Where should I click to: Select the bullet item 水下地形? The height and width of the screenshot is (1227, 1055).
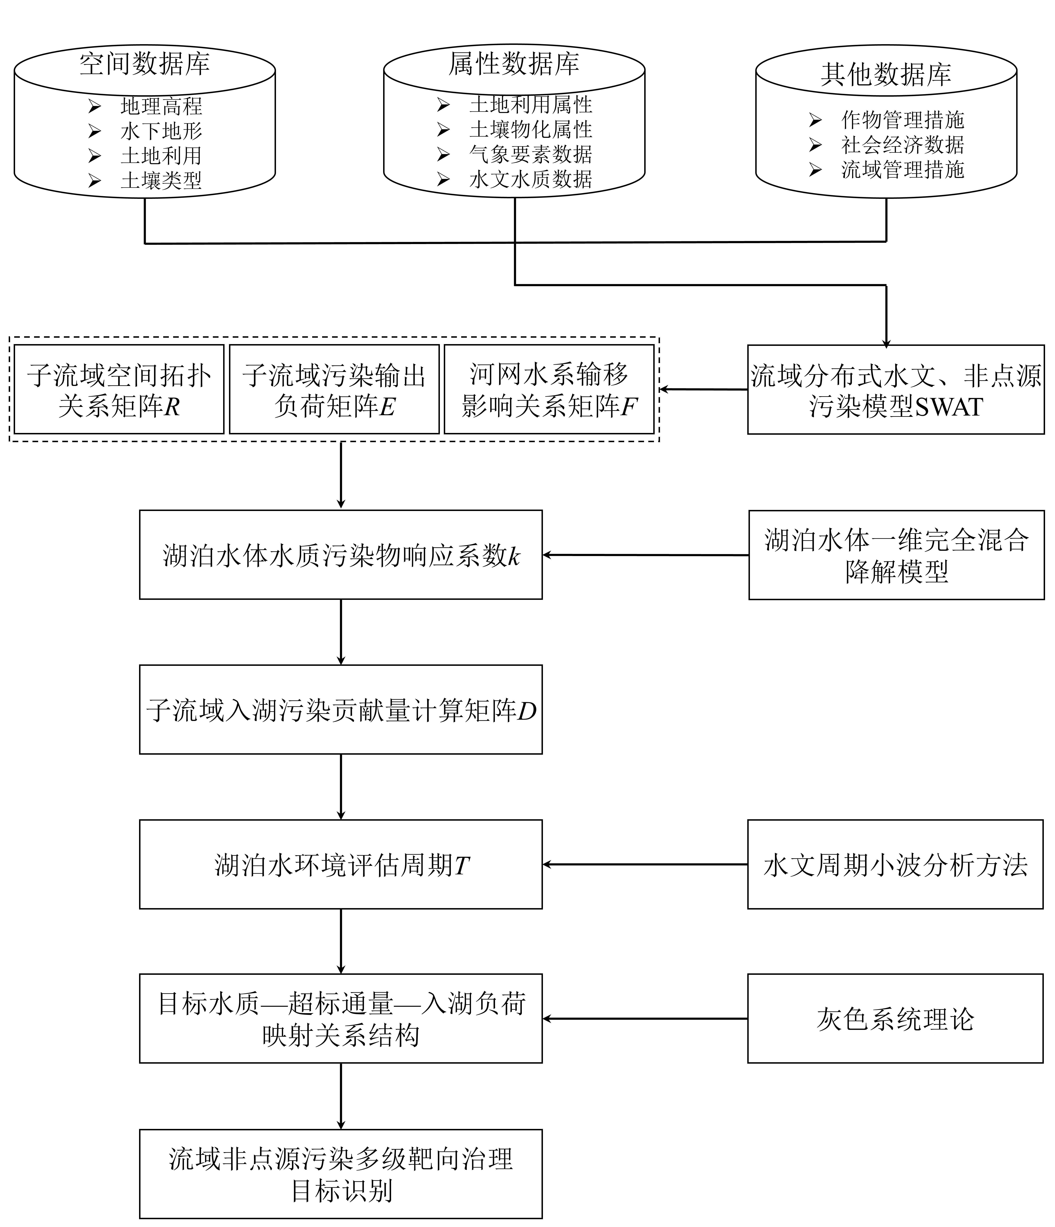161,131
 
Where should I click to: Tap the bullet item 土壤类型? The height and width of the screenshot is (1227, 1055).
161,180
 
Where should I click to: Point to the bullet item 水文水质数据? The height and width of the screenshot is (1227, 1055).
531,179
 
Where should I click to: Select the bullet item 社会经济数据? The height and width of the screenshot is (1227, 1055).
903,145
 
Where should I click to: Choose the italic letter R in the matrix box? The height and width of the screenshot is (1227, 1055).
172,407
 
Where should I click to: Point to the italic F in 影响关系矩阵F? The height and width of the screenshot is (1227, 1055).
629,407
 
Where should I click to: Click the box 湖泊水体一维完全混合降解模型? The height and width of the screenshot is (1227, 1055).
896,555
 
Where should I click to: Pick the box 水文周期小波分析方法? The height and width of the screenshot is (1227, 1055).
895,865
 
